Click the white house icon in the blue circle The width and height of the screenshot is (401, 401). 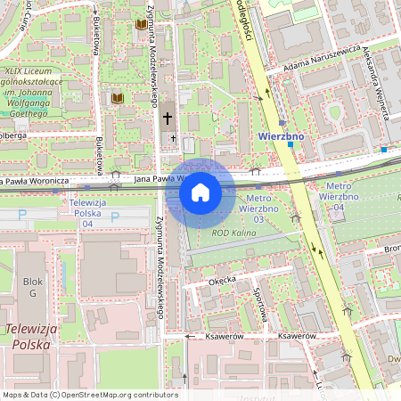pyautogui.click(x=200, y=192)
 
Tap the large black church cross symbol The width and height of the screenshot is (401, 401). pyautogui.click(x=168, y=118)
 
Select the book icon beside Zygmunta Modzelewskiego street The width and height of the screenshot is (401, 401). pyautogui.click(x=141, y=25)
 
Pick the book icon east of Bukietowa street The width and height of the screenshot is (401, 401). pyautogui.click(x=117, y=98)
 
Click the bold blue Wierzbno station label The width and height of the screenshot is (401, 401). pyautogui.click(x=280, y=136)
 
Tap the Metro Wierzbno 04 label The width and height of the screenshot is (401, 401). pyautogui.click(x=335, y=201)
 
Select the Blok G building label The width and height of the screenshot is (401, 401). pyautogui.click(x=33, y=286)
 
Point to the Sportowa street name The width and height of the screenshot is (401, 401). pyautogui.click(x=262, y=305)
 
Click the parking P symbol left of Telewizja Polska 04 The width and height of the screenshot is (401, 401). pyautogui.click(x=22, y=215)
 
